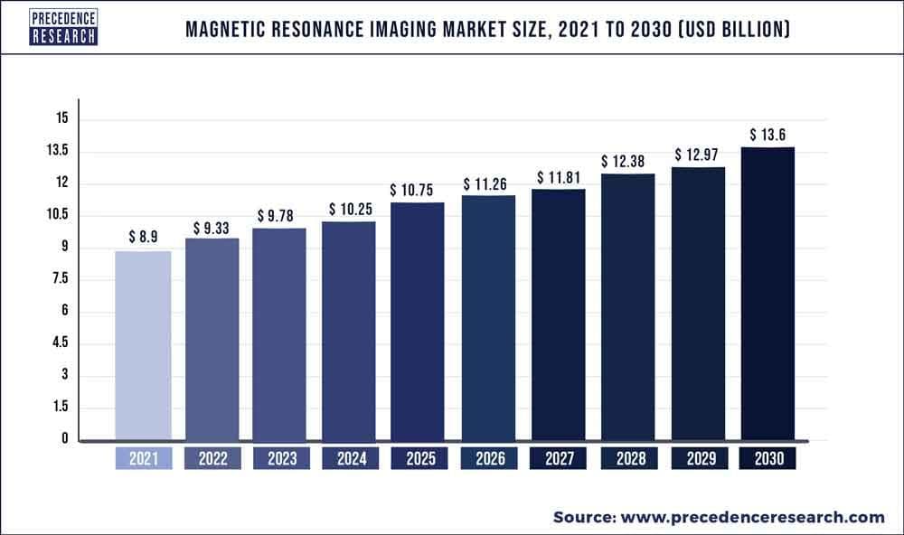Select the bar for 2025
click(417, 322)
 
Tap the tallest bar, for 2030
click(767, 294)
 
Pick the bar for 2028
click(628, 307)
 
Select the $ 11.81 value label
click(558, 177)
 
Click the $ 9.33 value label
click(212, 228)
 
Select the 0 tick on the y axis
click(64, 440)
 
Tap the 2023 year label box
click(280, 459)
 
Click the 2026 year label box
click(489, 459)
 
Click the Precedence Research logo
click(64, 25)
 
